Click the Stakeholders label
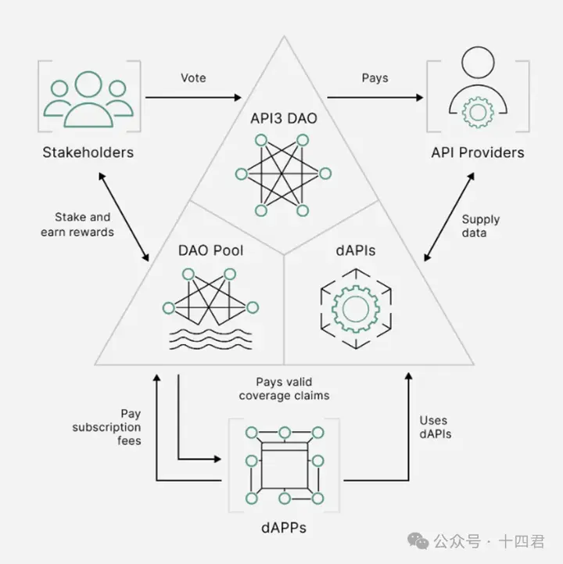pyautogui.click(x=88, y=152)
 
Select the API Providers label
pyautogui.click(x=477, y=152)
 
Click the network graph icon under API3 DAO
pyautogui.click(x=282, y=174)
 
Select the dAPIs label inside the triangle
pyautogui.click(x=356, y=250)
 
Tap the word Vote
pyautogui.click(x=193, y=79)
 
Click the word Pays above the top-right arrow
pyautogui.click(x=375, y=79)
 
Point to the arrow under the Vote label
pyautogui.click(x=193, y=98)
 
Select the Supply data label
pyautogui.click(x=480, y=226)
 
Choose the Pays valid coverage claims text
pyautogui.click(x=292, y=389)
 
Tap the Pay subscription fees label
pyautogui.click(x=107, y=426)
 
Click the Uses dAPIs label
pyautogui.click(x=435, y=427)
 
